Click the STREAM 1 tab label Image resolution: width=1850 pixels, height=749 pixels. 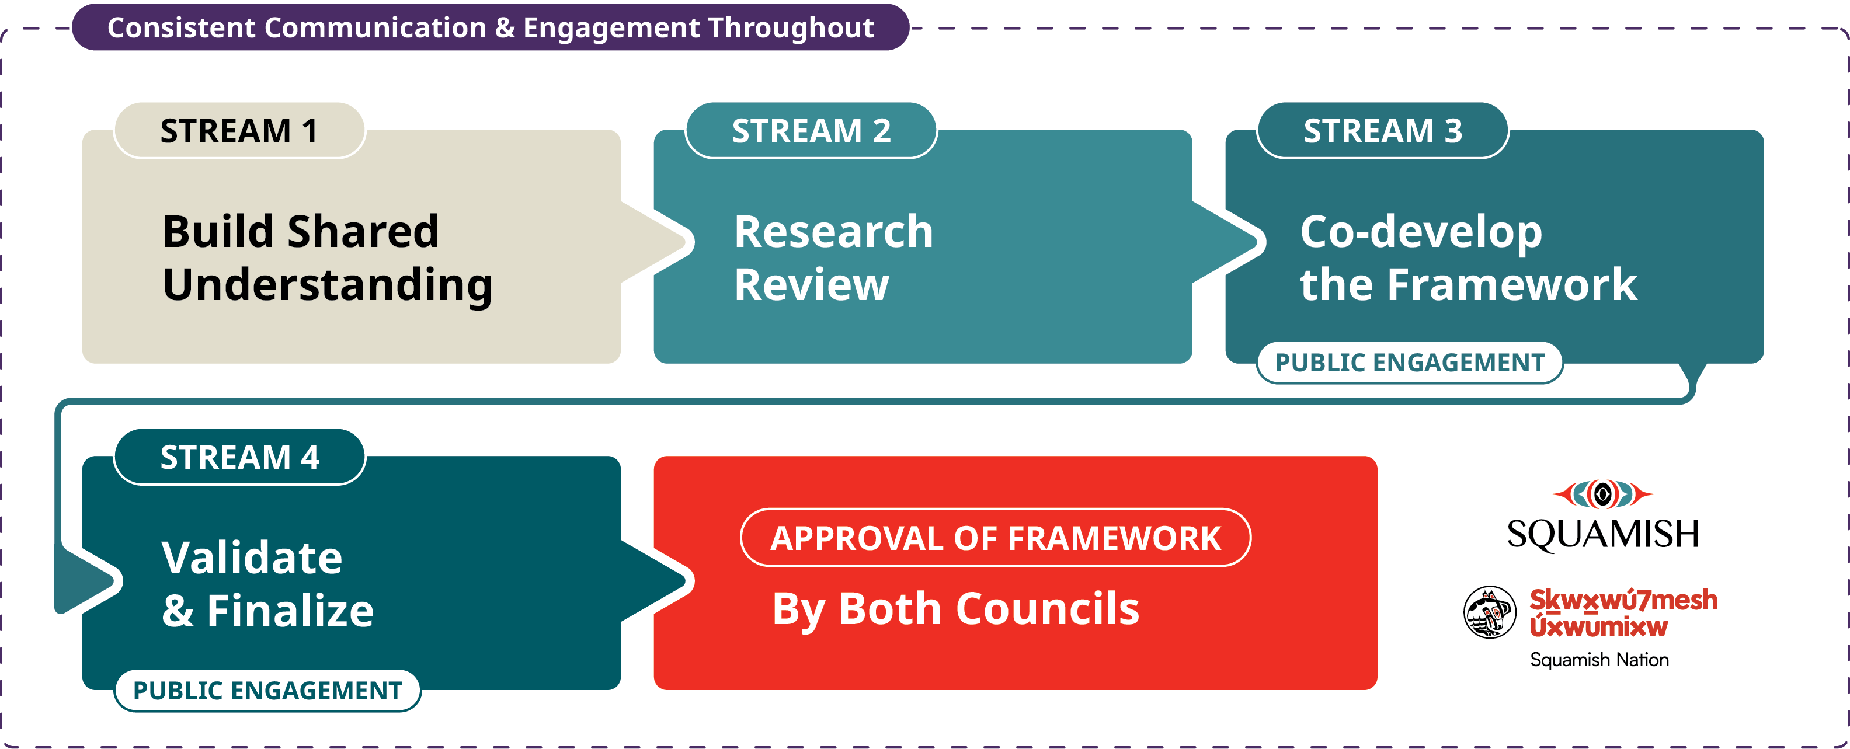coord(239,131)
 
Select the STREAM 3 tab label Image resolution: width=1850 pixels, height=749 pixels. coord(1382,131)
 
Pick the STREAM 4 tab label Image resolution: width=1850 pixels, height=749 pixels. coord(239,457)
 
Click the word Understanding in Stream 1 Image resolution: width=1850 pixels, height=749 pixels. coord(328,285)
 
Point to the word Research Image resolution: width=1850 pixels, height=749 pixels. coord(833,231)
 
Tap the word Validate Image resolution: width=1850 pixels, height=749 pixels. coord(251,558)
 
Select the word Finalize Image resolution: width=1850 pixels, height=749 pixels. coord(290,611)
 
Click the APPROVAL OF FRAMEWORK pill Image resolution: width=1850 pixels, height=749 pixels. coord(996,538)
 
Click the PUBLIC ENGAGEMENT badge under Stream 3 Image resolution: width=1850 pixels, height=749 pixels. coord(1410,363)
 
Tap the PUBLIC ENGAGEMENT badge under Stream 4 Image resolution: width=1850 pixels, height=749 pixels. coord(267,691)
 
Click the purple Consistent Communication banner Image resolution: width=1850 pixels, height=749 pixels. coord(491,27)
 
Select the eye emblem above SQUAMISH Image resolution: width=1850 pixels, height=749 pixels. coord(1602,494)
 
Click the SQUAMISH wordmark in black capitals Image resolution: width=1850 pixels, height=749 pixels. coord(1603,534)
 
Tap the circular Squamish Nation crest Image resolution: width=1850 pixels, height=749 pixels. coord(1490,612)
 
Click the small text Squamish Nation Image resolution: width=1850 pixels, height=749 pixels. coord(1599,660)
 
